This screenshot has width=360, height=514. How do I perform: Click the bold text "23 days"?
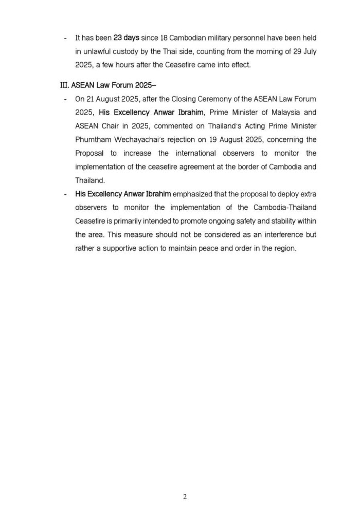(128, 38)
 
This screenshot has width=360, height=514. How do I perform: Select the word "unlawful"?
(100, 52)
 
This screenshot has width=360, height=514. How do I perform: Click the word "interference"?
(281, 234)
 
